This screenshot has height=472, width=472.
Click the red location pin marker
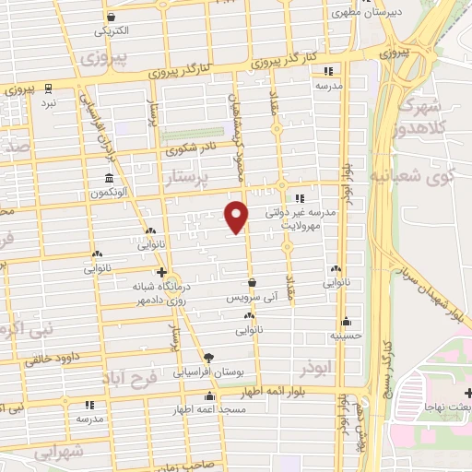tap(237, 216)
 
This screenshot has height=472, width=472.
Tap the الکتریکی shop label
tap(112, 30)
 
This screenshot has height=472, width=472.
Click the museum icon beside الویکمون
tap(110, 178)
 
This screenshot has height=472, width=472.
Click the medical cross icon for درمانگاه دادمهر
tap(162, 272)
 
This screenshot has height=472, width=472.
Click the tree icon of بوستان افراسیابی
tap(208, 358)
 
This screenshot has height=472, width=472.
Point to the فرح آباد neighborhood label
tap(134, 378)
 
